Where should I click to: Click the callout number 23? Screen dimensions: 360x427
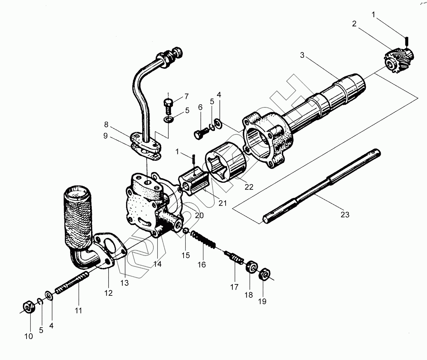(x=345, y=214)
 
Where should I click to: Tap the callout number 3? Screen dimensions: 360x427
(x=302, y=55)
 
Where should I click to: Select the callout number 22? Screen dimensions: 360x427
(x=249, y=187)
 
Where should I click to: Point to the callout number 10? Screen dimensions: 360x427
(x=28, y=336)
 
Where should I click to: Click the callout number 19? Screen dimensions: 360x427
(x=262, y=301)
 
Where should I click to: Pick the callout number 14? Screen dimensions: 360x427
(x=157, y=264)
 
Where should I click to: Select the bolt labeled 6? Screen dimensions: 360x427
(x=200, y=132)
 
